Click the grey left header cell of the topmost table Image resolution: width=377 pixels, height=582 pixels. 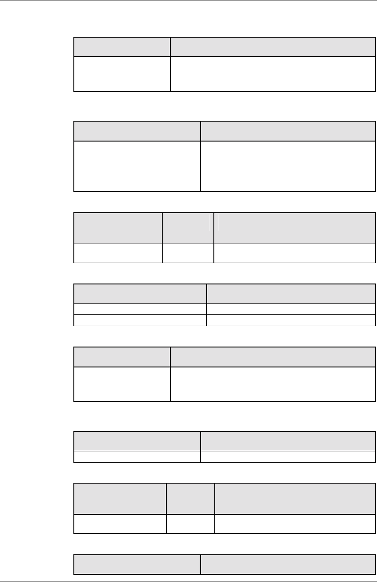[122, 47]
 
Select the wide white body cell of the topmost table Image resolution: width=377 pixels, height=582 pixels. [273, 74]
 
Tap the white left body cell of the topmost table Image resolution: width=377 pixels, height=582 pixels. [122, 74]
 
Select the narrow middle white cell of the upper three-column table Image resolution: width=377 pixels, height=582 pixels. [188, 253]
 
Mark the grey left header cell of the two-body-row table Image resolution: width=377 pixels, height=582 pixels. [140, 293]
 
